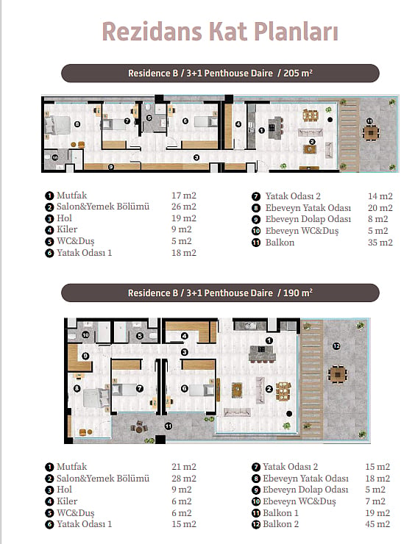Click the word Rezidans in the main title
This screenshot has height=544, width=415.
click(152, 32)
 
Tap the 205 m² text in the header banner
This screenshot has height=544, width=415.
click(297, 74)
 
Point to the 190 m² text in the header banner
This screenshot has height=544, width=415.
click(297, 293)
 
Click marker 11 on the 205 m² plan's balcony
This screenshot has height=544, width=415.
click(370, 121)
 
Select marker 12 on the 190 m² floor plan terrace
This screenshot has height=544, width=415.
click(336, 346)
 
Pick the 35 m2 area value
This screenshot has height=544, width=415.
click(380, 242)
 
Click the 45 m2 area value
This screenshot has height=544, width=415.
click(377, 524)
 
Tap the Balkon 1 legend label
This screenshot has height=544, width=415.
click(280, 513)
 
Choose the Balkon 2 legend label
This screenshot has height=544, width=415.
click(280, 524)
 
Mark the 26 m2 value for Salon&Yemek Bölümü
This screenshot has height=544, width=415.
click(184, 207)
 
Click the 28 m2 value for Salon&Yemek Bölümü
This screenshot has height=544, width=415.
click(184, 478)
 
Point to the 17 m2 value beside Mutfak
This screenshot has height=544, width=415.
click(184, 196)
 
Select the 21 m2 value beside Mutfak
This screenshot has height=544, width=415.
click(184, 467)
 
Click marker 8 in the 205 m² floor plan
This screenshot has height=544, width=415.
click(77, 124)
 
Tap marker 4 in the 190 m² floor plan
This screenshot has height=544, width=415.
click(185, 336)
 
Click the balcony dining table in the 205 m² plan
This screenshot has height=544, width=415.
click(371, 132)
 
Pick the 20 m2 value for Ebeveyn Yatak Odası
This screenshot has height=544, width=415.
click(380, 208)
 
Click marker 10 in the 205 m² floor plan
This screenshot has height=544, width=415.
click(55, 157)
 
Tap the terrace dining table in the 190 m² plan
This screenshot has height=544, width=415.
click(338, 374)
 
